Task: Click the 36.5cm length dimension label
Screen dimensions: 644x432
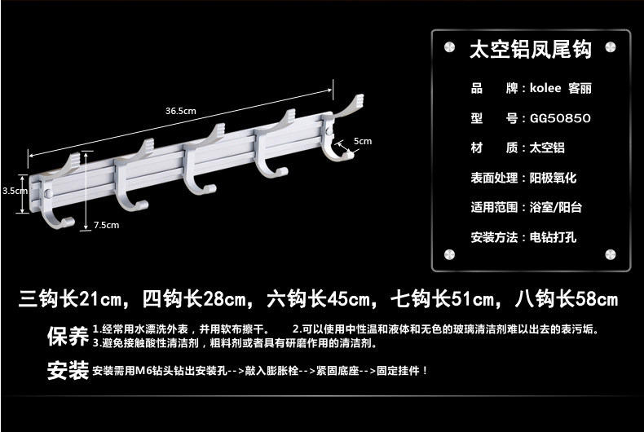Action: [x=181, y=111]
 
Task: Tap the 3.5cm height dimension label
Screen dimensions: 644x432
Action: [x=13, y=190]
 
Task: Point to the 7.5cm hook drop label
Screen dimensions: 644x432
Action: [x=106, y=224]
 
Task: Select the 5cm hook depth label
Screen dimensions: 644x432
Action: [x=363, y=142]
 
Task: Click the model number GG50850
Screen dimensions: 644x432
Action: [x=560, y=118]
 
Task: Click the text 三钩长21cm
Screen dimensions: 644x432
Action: [x=73, y=298]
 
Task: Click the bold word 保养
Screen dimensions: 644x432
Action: [x=67, y=335]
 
